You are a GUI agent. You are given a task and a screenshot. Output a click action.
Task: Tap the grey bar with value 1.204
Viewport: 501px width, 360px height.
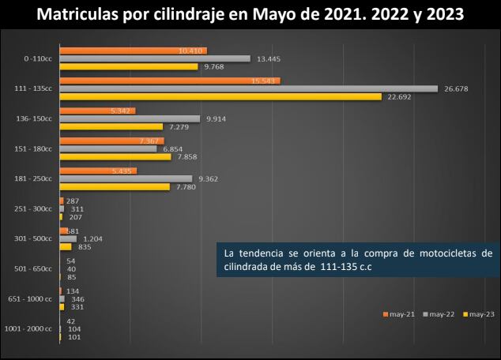pyautogui.click(x=68, y=238)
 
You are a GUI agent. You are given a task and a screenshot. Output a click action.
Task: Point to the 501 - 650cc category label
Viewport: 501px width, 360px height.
pyautogui.click(x=34, y=268)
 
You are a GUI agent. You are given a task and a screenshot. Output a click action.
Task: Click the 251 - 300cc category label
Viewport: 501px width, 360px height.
pyautogui.click(x=34, y=208)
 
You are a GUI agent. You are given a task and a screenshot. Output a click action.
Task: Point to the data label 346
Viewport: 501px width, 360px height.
pyautogui.click(x=77, y=299)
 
